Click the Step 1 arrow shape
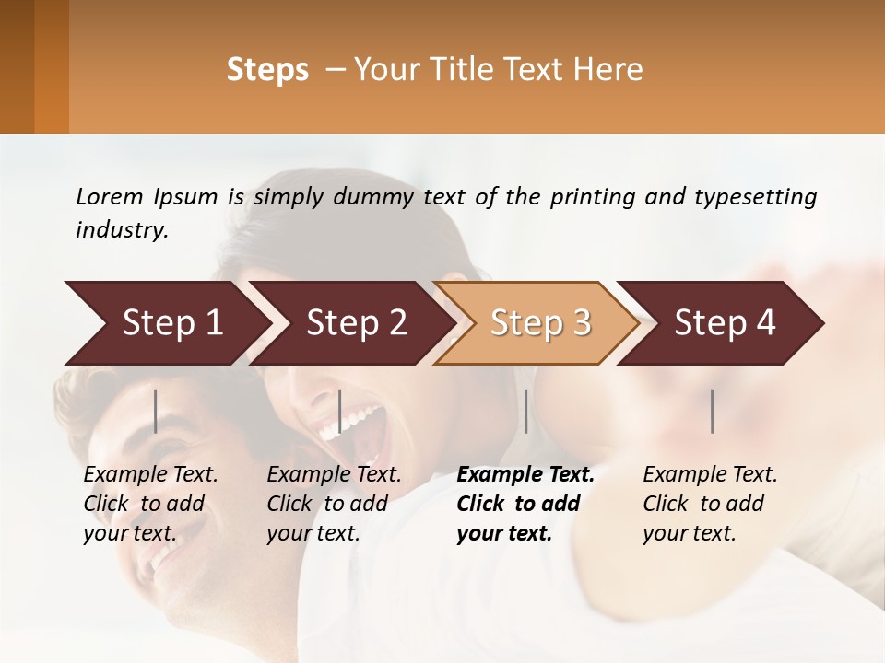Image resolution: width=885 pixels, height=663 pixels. (x=166, y=323)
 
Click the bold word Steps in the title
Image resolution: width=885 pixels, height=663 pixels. (x=267, y=70)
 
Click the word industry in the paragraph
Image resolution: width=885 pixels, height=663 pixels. (x=122, y=229)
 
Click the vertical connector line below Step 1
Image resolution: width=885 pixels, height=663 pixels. (x=156, y=411)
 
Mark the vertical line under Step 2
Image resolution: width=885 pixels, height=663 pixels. (x=340, y=411)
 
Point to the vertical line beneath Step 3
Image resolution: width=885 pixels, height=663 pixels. (x=525, y=411)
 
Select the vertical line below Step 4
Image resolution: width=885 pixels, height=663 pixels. (x=713, y=411)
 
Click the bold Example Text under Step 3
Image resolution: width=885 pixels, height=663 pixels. (x=525, y=475)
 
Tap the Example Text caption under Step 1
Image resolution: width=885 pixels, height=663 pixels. (x=150, y=475)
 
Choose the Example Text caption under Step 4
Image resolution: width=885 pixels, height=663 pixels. (x=710, y=475)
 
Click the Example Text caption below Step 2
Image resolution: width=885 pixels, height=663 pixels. (x=334, y=475)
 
